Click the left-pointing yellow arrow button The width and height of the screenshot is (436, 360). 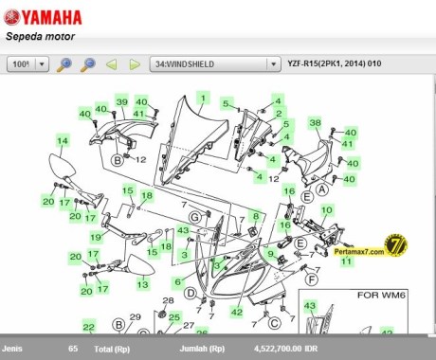pyautogui.click(x=111, y=64)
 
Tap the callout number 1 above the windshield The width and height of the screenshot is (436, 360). pyautogui.click(x=202, y=99)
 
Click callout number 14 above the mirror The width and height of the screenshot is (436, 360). pyautogui.click(x=63, y=141)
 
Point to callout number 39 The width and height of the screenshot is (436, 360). pyautogui.click(x=121, y=101)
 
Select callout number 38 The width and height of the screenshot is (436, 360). pyautogui.click(x=316, y=123)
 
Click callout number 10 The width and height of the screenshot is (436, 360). pyautogui.click(x=326, y=209)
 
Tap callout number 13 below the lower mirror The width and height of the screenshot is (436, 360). pyautogui.click(x=142, y=284)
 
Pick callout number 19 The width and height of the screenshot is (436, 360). pyautogui.click(x=96, y=237)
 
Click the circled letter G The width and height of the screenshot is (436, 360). pyautogui.click(x=193, y=218)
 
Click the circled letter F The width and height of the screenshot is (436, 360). pyautogui.click(x=309, y=280)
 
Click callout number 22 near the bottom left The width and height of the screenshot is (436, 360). pyautogui.click(x=88, y=327)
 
